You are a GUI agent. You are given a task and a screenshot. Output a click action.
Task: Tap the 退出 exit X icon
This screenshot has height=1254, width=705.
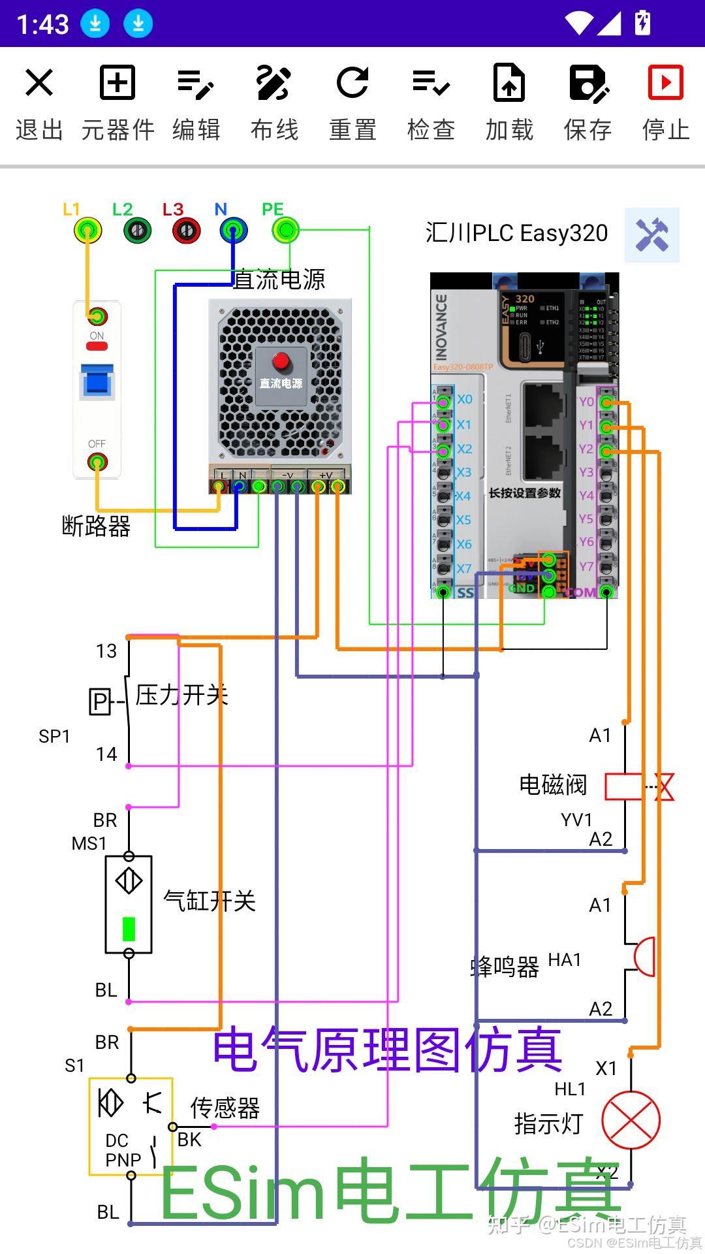point(39,84)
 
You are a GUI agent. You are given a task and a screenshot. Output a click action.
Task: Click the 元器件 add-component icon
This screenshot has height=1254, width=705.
point(117,83)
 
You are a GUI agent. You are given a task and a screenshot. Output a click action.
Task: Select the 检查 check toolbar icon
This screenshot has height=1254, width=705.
point(431,83)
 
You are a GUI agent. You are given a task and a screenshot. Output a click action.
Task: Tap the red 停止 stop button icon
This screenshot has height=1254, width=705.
point(665,83)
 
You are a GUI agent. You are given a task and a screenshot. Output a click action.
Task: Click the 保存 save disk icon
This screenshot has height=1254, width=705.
point(587,83)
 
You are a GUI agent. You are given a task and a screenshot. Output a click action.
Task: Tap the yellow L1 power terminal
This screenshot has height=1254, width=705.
point(88,230)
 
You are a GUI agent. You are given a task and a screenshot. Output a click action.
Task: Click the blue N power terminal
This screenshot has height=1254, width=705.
point(234,230)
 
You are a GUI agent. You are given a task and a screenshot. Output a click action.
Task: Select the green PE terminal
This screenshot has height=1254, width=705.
point(285,229)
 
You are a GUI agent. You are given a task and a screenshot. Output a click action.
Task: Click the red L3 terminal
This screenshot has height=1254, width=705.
point(187,230)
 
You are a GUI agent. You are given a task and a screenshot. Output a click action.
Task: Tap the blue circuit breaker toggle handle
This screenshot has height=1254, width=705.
point(97,381)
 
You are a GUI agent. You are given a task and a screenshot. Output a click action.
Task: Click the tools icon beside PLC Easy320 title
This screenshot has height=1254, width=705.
point(651,235)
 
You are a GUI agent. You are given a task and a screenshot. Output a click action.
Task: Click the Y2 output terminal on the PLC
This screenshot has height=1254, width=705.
point(606,451)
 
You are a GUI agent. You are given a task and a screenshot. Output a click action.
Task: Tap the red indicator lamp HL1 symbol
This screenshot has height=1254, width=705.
point(631,1120)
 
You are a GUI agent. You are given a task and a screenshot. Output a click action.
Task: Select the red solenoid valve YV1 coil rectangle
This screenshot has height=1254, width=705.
point(624,786)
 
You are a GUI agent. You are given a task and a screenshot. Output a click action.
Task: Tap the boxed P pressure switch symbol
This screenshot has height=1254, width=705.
point(100,702)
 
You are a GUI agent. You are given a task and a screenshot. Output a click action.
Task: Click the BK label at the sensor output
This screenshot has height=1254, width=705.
point(189,1140)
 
